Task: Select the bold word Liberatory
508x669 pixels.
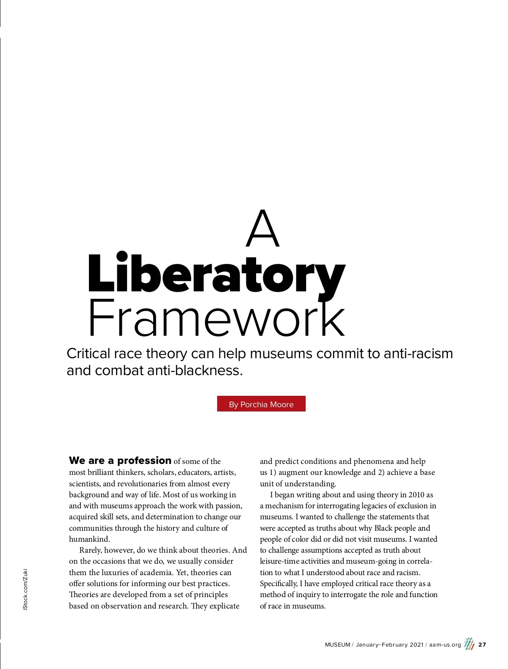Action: tap(216, 274)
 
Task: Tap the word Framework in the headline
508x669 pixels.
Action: tap(216, 318)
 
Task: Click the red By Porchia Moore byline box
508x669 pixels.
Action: tap(261, 404)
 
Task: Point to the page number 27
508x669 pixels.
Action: tap(482, 644)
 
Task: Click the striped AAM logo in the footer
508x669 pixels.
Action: tap(469, 644)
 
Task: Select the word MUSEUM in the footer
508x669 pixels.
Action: tap(337, 645)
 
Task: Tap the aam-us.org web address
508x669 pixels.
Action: tap(445, 645)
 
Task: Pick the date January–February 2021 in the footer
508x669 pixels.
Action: tap(389, 645)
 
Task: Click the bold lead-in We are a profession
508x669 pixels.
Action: tap(120, 461)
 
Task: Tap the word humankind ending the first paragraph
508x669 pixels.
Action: tap(89, 539)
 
